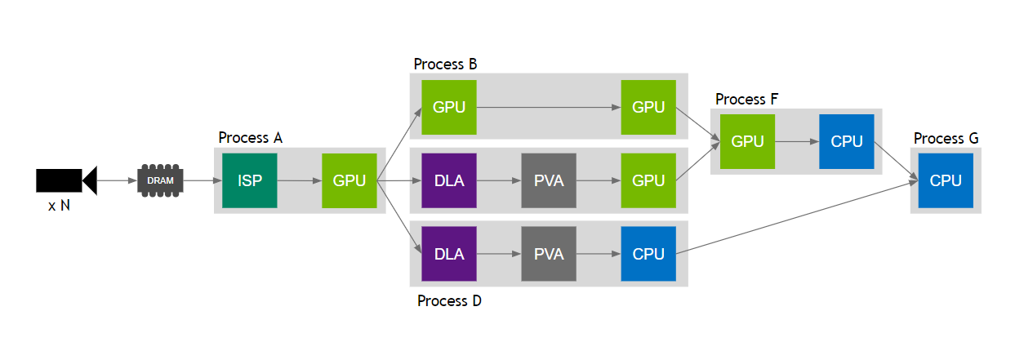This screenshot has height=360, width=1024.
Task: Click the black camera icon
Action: (66, 180)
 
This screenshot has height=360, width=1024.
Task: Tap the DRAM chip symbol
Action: (160, 180)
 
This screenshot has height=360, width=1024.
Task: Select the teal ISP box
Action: (250, 180)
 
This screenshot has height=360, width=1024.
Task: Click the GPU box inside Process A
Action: (349, 180)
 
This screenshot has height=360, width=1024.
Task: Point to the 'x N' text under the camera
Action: (59, 207)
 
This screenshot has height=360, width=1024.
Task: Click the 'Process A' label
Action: (250, 138)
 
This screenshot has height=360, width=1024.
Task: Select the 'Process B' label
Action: (445, 64)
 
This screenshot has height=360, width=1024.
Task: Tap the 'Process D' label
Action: (449, 301)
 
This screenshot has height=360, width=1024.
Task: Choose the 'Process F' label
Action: (746, 100)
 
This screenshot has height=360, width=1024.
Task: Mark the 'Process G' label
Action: (946, 139)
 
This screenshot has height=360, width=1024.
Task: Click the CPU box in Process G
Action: (946, 180)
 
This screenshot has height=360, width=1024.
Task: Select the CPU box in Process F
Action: (846, 141)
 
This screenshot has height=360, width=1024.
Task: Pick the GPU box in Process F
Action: (747, 141)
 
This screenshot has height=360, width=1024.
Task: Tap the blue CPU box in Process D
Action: (648, 254)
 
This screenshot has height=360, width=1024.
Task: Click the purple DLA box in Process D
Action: (449, 254)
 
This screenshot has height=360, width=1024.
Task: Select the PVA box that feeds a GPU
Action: (549, 180)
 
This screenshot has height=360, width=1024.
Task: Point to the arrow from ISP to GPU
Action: (300, 180)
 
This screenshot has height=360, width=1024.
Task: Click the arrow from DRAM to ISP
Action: (203, 180)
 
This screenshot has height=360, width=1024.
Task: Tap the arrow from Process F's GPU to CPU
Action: (797, 141)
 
